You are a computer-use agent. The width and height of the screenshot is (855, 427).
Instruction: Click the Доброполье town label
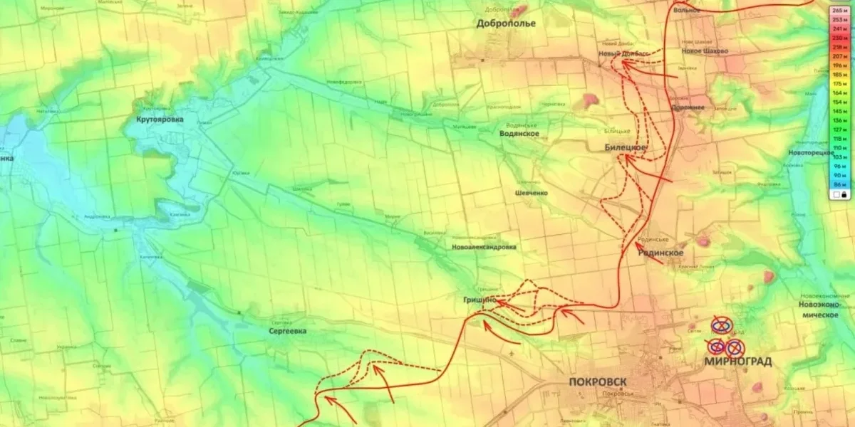[506, 23]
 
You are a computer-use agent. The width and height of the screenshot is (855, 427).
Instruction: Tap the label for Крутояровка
[160, 120]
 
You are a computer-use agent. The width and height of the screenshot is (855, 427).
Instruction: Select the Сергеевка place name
[288, 332]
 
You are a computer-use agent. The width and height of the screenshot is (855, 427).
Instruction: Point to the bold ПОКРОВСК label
[598, 381]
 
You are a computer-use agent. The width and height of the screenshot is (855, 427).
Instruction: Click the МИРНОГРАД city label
[737, 362]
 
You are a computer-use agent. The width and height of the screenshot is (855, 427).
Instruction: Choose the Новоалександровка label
[484, 248]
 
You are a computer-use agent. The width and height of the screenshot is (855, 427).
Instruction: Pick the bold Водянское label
[519, 134]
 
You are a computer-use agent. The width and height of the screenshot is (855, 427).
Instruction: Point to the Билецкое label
[626, 147]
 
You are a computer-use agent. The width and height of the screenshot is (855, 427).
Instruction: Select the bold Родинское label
[660, 253]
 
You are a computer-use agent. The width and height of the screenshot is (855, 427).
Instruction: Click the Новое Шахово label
[704, 51]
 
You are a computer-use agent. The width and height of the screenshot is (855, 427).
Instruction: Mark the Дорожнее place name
[688, 107]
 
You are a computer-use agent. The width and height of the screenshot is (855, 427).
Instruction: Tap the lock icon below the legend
[844, 194]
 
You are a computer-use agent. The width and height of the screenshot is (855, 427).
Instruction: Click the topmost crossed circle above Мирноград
[721, 326]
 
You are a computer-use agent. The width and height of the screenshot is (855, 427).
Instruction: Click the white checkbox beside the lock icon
[835, 194]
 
